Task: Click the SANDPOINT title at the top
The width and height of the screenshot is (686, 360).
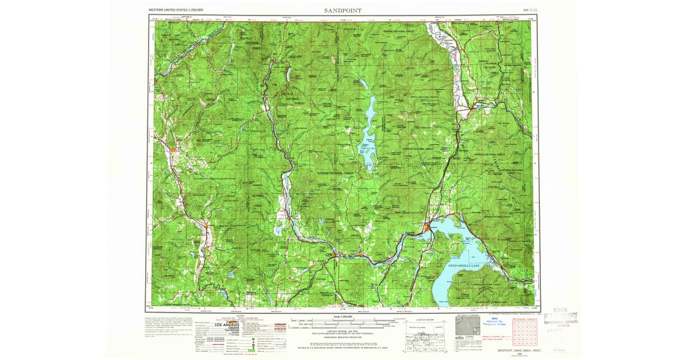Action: click(x=342, y=10)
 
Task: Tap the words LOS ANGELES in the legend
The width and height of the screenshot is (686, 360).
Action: click(x=234, y=325)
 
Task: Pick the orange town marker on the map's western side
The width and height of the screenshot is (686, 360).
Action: click(x=173, y=149)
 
